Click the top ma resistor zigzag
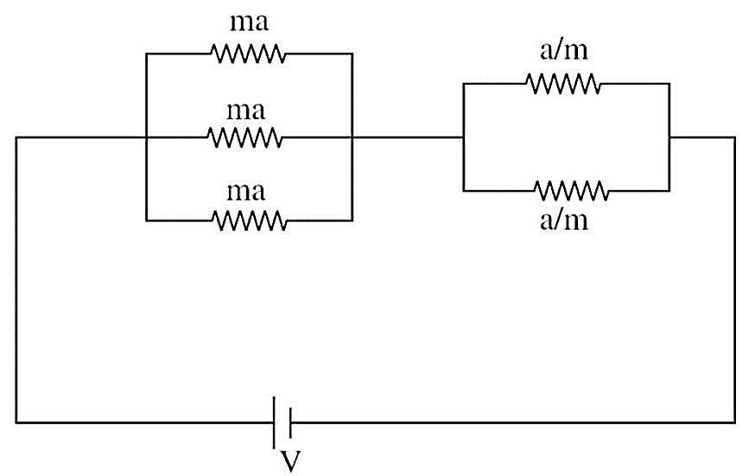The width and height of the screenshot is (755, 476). [x=248, y=54]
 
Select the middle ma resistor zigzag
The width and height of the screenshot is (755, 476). [x=244, y=137]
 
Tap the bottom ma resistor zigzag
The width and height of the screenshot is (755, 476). [x=250, y=220]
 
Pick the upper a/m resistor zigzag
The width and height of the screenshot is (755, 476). [x=563, y=83]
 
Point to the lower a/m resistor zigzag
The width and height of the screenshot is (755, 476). [x=571, y=191]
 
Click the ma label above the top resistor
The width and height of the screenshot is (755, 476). [x=249, y=23]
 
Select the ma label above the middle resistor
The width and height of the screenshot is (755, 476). [x=245, y=111]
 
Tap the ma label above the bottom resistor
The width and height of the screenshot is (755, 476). [x=245, y=192]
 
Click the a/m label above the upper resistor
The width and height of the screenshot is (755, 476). [x=564, y=50]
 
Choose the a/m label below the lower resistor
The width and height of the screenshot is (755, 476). [x=564, y=220]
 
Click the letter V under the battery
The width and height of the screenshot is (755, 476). [x=290, y=461]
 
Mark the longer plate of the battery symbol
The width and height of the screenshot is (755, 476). [x=274, y=422]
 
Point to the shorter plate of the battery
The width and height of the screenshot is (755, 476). [x=290, y=422]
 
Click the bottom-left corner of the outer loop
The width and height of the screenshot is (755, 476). [x=16, y=422]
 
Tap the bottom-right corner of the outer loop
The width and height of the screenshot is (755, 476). [x=735, y=422]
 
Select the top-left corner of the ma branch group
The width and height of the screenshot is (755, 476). [x=146, y=54]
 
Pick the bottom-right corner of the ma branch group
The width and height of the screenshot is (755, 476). [x=352, y=220]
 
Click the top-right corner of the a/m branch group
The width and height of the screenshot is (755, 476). [x=669, y=84]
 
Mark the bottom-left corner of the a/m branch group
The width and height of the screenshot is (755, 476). [x=463, y=191]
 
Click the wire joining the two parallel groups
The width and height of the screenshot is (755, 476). [x=408, y=137]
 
